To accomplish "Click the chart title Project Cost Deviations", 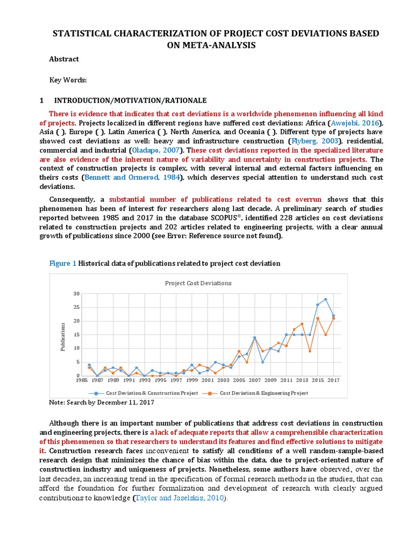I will click(x=198, y=282).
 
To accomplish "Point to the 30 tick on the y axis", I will click(x=76, y=294).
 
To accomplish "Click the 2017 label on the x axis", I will click(x=333, y=380).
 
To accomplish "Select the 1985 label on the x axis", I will click(x=81, y=380).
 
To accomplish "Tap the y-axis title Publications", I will click(x=62, y=336).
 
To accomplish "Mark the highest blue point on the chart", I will click(x=325, y=299).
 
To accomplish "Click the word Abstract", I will click(x=64, y=59).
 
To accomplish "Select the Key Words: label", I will click(x=68, y=80).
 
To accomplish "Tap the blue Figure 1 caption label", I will click(x=63, y=263).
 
